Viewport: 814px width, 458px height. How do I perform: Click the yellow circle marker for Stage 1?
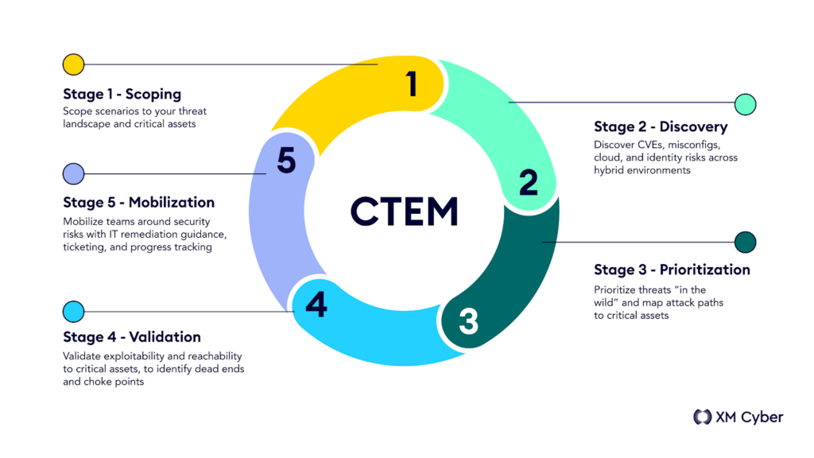pyautogui.click(x=74, y=64)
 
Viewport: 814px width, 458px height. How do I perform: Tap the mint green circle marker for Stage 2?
pyautogui.click(x=746, y=104)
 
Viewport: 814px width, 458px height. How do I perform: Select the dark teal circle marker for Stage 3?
pyautogui.click(x=746, y=242)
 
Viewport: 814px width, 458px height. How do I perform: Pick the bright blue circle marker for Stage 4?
pyautogui.click(x=74, y=312)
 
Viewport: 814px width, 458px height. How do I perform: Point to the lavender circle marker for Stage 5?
pyautogui.click(x=74, y=174)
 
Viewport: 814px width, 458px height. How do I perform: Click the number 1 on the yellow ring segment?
pyautogui.click(x=413, y=83)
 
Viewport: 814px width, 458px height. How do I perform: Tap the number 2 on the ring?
pyautogui.click(x=529, y=182)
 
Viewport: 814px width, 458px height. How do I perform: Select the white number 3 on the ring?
pyautogui.click(x=468, y=321)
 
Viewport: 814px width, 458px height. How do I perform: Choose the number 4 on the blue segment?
pyautogui.click(x=316, y=305)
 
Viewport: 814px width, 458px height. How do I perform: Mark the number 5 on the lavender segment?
pyautogui.click(x=286, y=160)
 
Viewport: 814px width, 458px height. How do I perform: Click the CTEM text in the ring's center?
pyautogui.click(x=405, y=212)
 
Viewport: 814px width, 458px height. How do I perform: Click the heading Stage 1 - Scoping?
pyautogui.click(x=122, y=94)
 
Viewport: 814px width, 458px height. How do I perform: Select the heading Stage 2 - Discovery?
pyautogui.click(x=661, y=126)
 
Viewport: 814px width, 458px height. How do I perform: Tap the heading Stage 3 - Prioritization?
pyautogui.click(x=672, y=270)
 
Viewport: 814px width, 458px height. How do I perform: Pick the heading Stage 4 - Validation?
pyautogui.click(x=132, y=337)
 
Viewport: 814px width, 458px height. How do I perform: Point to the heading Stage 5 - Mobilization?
pyautogui.click(x=138, y=202)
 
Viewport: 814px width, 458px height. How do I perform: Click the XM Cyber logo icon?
pyautogui.click(x=703, y=417)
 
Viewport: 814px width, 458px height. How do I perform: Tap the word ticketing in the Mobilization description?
pyautogui.click(x=84, y=247)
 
